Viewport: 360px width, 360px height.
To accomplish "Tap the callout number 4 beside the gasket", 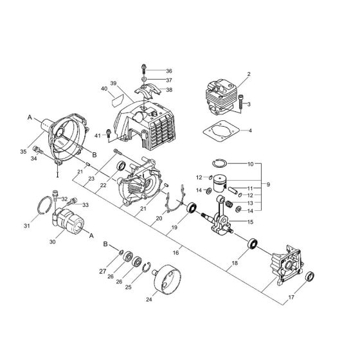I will (250, 131).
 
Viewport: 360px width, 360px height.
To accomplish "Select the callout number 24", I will (150, 298).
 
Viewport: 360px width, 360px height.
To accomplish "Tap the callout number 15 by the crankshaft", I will (250, 222).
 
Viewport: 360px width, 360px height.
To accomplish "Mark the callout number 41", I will (97, 136).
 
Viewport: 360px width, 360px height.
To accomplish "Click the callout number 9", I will (268, 184).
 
